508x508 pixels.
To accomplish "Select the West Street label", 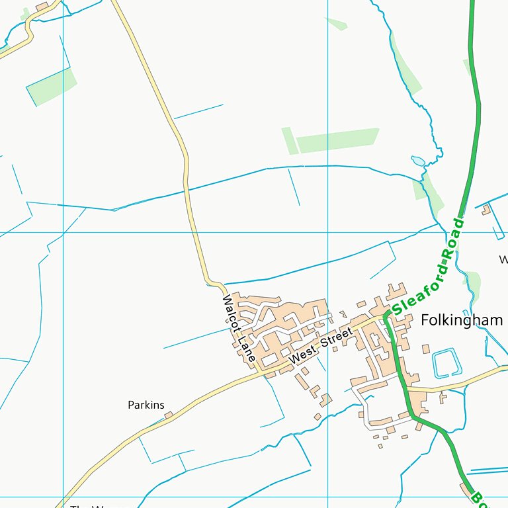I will point(321,347).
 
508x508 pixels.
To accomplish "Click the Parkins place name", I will point(146,405).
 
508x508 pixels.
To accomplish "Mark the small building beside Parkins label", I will point(168,415).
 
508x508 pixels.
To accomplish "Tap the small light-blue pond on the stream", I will point(418,161).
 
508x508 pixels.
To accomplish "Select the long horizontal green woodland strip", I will point(337,140).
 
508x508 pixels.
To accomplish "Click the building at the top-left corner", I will point(42,7).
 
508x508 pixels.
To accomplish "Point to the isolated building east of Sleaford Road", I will point(487,210).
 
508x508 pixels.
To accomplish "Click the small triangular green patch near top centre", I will point(337,24).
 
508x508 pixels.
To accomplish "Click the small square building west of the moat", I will point(425,349).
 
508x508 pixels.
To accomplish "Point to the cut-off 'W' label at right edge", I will point(504,259).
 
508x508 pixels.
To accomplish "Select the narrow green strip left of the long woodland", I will point(290,140).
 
